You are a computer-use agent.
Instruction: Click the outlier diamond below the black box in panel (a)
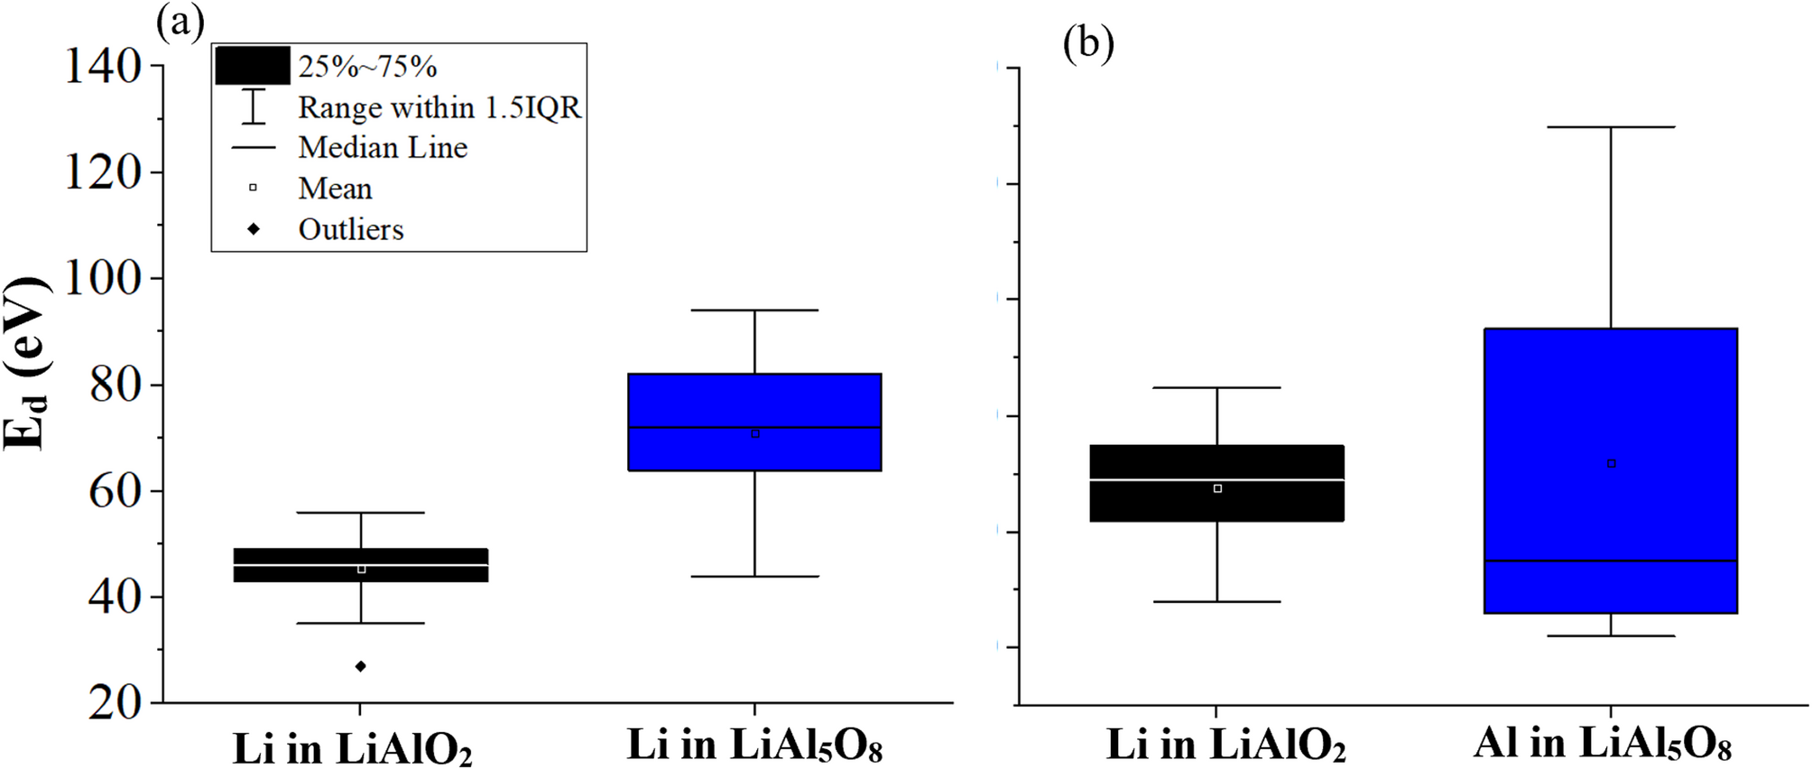click(x=361, y=666)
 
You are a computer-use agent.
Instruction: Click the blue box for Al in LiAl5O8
click(x=1611, y=406)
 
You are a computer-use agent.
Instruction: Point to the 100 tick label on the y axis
click(x=103, y=279)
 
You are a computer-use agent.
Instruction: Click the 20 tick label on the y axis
click(x=115, y=703)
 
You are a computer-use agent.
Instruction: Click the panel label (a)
click(x=180, y=20)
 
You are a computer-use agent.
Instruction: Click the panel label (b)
click(x=1087, y=42)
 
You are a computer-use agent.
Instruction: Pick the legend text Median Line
click(x=383, y=147)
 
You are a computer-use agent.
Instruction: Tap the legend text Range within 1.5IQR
click(x=439, y=107)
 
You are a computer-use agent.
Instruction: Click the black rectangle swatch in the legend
click(x=253, y=66)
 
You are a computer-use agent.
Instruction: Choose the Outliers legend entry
click(x=350, y=229)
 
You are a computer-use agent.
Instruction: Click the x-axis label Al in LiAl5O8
click(x=1602, y=743)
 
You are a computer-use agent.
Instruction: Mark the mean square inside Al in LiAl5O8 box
click(x=1612, y=464)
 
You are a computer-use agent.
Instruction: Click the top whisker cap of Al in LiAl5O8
click(x=1611, y=127)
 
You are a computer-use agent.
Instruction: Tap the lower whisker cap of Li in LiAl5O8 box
click(x=754, y=576)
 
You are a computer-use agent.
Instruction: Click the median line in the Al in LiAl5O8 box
click(x=1611, y=561)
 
